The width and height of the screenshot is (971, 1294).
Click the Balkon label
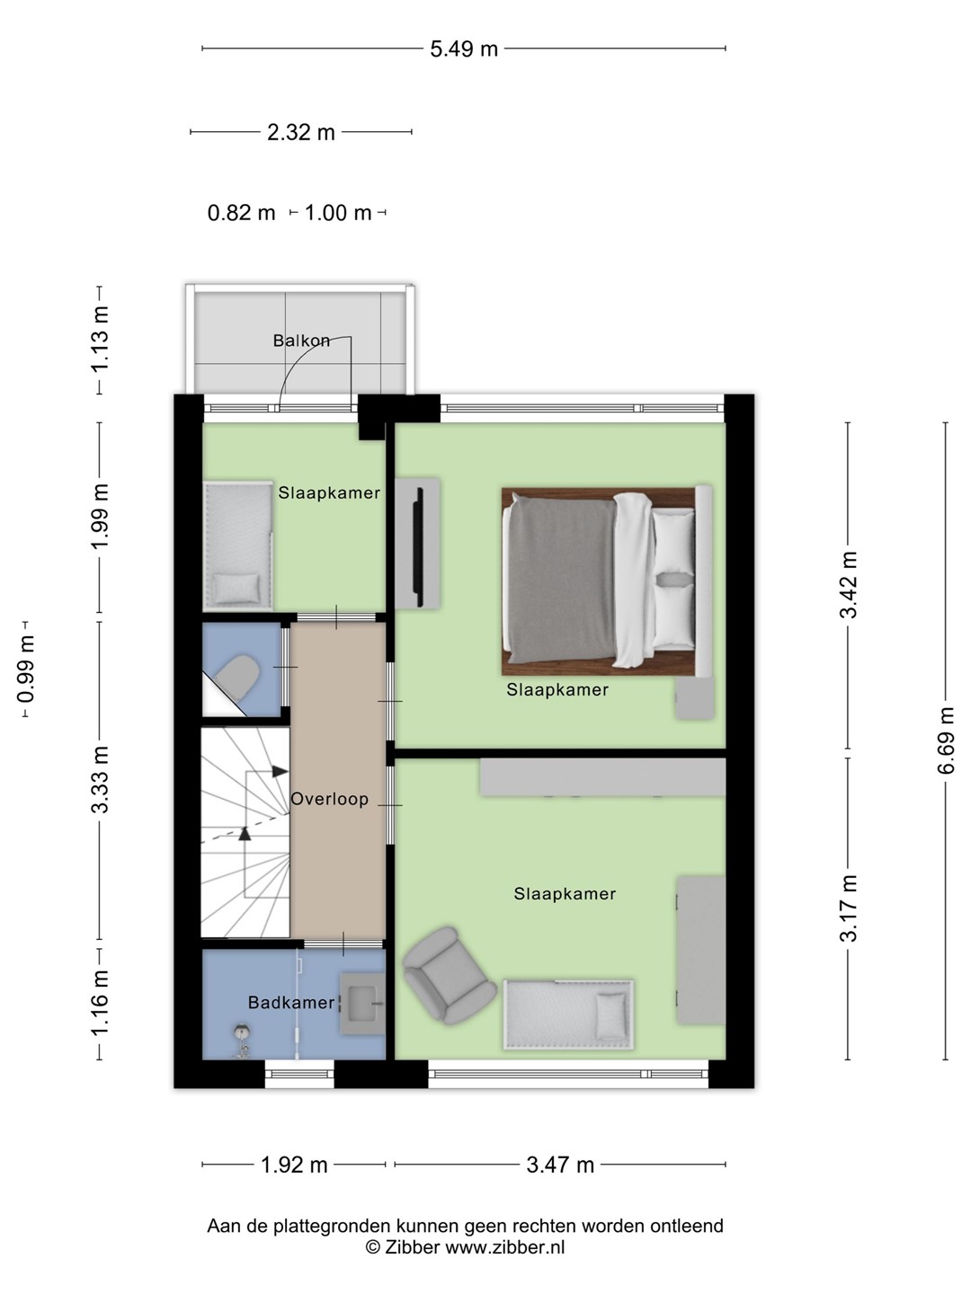[301, 341]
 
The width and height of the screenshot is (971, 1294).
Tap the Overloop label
[330, 799]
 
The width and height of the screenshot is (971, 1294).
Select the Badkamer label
[291, 1002]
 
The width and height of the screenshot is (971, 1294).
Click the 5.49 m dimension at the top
[464, 49]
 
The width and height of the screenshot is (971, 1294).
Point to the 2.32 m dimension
[300, 133]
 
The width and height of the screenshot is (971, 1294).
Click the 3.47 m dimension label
[560, 1165]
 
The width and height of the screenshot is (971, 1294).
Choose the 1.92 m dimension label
[294, 1165]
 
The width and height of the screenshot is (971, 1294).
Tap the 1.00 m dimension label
[338, 213]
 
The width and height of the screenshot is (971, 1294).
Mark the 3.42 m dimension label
[849, 585]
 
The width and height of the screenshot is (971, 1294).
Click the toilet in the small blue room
[236, 678]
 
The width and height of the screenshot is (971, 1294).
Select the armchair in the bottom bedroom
[448, 977]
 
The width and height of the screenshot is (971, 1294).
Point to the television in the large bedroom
[420, 546]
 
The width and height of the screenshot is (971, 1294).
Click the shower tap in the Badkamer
[242, 1041]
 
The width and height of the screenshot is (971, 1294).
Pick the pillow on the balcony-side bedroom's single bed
[236, 589]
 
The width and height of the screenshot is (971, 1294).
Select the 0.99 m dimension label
[26, 669]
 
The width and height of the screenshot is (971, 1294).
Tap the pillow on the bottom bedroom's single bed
[610, 1016]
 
